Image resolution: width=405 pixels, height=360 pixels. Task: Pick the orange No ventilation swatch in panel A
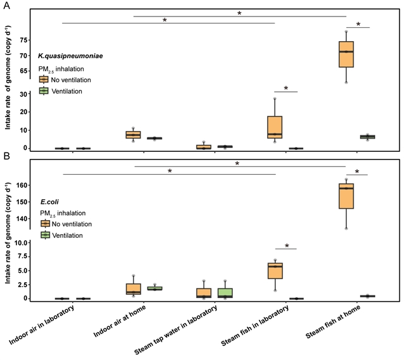tap(44, 80)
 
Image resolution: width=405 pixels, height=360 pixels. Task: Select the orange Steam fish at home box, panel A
tap(346, 54)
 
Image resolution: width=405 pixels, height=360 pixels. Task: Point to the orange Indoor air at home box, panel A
tap(133, 134)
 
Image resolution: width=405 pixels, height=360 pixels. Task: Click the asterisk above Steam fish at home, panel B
tap(358, 171)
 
